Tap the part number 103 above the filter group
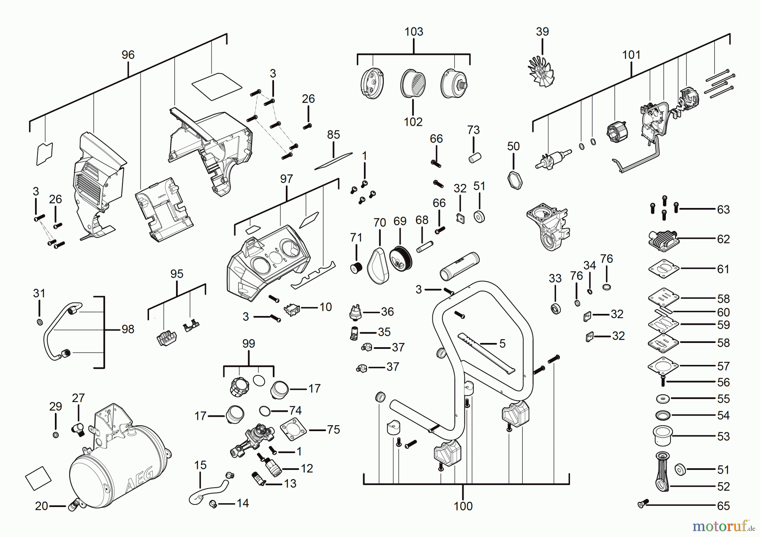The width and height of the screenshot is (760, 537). (x=413, y=32)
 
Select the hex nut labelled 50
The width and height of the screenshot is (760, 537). (x=515, y=180)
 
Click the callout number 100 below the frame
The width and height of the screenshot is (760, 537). (x=463, y=506)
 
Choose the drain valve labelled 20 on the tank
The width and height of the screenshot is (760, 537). (x=73, y=504)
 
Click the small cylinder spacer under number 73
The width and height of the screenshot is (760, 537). (x=475, y=158)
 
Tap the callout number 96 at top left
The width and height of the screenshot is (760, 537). (x=128, y=55)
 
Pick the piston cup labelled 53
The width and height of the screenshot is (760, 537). (x=662, y=436)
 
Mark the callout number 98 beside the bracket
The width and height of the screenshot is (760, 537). (x=128, y=329)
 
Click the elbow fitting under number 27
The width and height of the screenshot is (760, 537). (x=79, y=429)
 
